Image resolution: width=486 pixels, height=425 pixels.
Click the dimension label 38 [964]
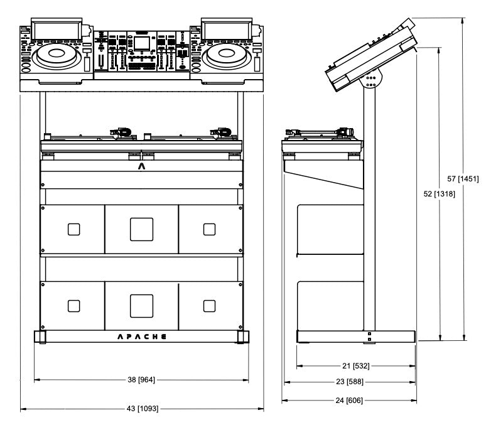pos(142,380)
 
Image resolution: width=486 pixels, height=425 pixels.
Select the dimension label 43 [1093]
pos(142,409)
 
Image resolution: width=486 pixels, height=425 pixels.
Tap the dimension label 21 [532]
pos(352,365)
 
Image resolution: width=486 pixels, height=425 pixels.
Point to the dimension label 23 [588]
pos(352,382)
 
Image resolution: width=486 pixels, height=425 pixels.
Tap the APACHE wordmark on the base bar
pos(142,336)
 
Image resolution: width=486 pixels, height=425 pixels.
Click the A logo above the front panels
pos(142,167)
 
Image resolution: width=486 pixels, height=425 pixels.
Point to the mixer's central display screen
pos(142,43)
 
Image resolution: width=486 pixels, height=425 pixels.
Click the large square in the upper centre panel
pos(142,229)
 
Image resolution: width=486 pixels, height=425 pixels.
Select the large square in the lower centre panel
pos(142,306)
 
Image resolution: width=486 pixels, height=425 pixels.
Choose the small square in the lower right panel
pos(209,306)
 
